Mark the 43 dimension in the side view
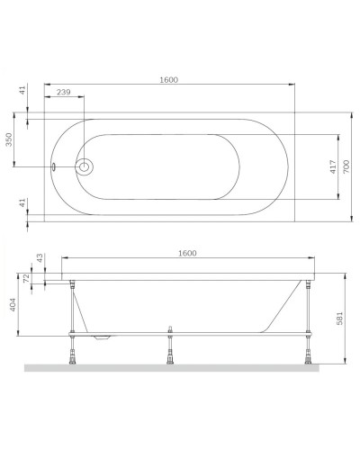tap(38, 259)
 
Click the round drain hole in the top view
tap(85, 166)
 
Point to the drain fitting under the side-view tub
tap(105, 339)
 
